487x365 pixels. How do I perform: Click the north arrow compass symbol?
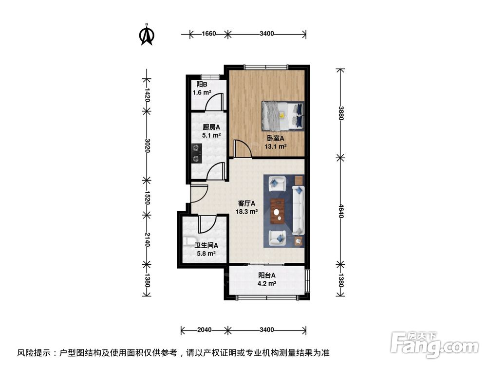click(147, 35)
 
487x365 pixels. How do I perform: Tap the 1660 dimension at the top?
click(208, 34)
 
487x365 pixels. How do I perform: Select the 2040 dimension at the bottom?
click(205, 330)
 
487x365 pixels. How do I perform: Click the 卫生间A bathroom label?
click(206, 246)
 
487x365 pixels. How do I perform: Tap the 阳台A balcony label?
click(267, 275)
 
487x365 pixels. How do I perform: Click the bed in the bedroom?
click(282, 115)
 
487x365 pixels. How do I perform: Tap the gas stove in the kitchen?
click(196, 152)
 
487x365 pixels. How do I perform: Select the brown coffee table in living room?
click(279, 210)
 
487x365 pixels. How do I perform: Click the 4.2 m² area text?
click(267, 283)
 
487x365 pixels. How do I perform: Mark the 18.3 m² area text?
click(247, 212)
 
